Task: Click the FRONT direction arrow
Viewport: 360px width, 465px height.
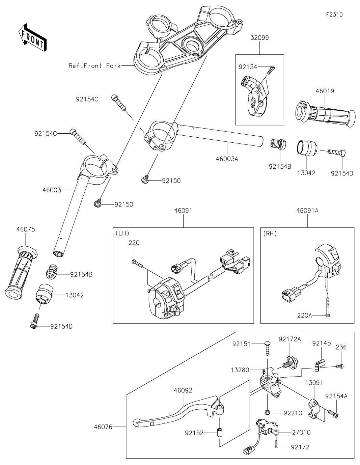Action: pyautogui.click(x=32, y=38)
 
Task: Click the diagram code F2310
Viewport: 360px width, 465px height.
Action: pyautogui.click(x=334, y=15)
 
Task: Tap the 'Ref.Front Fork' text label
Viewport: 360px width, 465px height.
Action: pyautogui.click(x=94, y=66)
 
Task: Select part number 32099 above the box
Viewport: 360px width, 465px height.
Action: pyautogui.click(x=259, y=38)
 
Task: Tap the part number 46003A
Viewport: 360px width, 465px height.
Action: pyautogui.click(x=227, y=159)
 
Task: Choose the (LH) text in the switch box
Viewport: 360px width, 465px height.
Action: pyautogui.click(x=122, y=234)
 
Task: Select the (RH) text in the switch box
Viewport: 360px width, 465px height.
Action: pyautogui.click(x=270, y=234)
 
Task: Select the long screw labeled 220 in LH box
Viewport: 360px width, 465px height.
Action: pyautogui.click(x=138, y=263)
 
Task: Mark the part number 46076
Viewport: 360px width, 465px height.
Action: pyautogui.click(x=103, y=427)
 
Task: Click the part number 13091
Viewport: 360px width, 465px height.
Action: pyautogui.click(x=314, y=382)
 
